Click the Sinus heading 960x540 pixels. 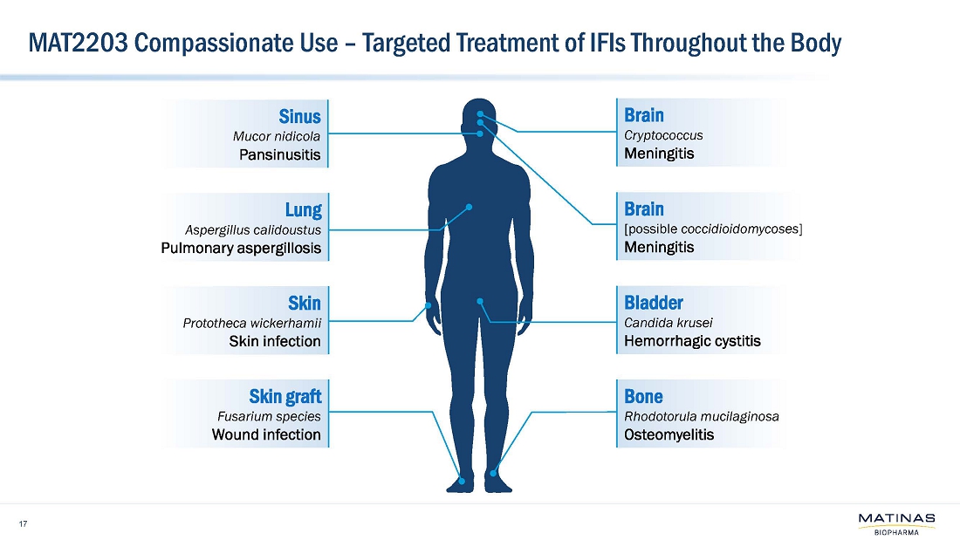pyautogui.click(x=299, y=115)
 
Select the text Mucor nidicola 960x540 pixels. pyautogui.click(x=277, y=136)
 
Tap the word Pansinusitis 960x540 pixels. pyautogui.click(x=279, y=155)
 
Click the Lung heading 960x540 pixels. pyautogui.click(x=303, y=209)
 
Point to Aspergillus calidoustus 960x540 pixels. pyautogui.click(x=253, y=230)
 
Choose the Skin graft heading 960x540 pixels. pyautogui.click(x=285, y=397)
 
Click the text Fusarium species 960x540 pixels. pyautogui.click(x=269, y=416)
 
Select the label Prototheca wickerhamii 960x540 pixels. pyautogui.click(x=252, y=324)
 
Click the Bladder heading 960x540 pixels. pyautogui.click(x=654, y=303)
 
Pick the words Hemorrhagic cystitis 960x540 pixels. pyautogui.click(x=693, y=341)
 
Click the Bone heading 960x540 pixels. pyautogui.click(x=643, y=397)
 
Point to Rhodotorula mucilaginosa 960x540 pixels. pyautogui.click(x=702, y=416)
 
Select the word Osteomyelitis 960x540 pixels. pyautogui.click(x=669, y=434)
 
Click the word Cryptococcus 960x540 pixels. pyautogui.click(x=664, y=135)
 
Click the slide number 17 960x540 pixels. pyautogui.click(x=23, y=523)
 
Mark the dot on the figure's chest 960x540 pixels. pyautogui.click(x=469, y=207)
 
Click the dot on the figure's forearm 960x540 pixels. pyautogui.click(x=428, y=305)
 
